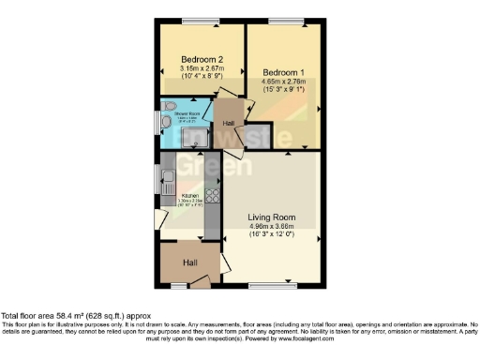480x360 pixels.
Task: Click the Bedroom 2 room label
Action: pos(201,58)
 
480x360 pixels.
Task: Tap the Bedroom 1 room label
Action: pos(282,72)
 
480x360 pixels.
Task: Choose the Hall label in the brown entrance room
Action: pos(190,262)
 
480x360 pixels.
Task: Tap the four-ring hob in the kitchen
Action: pos(212,197)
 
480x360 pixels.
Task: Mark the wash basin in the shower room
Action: pos(165,123)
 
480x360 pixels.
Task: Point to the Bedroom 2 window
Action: pos(195,22)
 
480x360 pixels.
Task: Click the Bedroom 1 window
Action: pos(281,22)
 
